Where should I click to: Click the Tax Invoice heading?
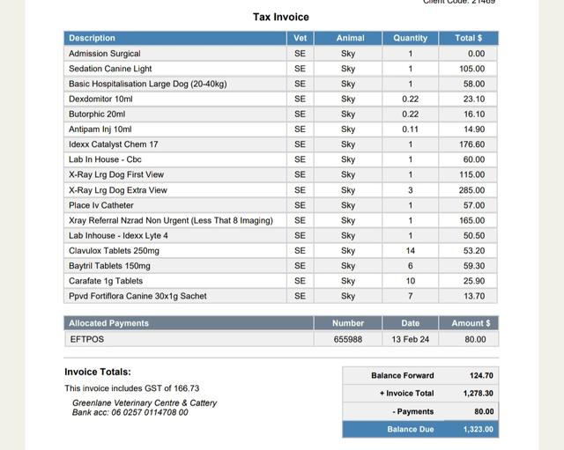pyautogui.click(x=280, y=17)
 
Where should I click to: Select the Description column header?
pyautogui.click(x=92, y=38)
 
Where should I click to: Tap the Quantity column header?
pyautogui.click(x=410, y=38)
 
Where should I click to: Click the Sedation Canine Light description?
pyautogui.click(x=110, y=69)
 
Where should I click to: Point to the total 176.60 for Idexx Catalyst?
pyautogui.click(x=471, y=144)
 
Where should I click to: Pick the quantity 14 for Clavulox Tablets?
pyautogui.click(x=410, y=250)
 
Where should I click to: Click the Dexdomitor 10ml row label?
pyautogui.click(x=100, y=99)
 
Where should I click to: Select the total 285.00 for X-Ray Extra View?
pyautogui.click(x=471, y=190)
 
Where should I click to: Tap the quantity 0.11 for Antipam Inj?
pyautogui.click(x=410, y=129)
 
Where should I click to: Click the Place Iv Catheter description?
pyautogui.click(x=101, y=205)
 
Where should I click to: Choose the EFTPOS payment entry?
pyautogui.click(x=87, y=339)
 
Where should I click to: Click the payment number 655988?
pyautogui.click(x=348, y=339)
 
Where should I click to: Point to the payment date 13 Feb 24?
pyautogui.click(x=410, y=339)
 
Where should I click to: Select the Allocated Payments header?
pyautogui.click(x=108, y=323)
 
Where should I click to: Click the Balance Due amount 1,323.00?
pyautogui.click(x=479, y=430)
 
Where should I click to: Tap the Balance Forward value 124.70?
pyautogui.click(x=481, y=375)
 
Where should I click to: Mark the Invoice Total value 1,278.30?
pyautogui.click(x=479, y=394)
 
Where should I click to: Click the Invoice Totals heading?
pyautogui.click(x=98, y=372)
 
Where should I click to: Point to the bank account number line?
pyautogui.click(x=130, y=412)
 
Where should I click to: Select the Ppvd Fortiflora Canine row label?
pyautogui.click(x=137, y=296)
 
